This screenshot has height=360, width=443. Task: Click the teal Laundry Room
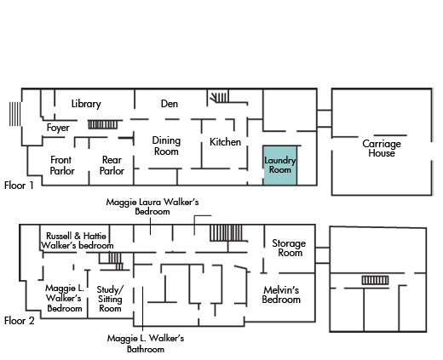coord(280,166)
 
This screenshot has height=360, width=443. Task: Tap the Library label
coord(86,104)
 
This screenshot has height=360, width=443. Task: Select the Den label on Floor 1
coord(170,104)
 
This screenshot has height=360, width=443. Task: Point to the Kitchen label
coord(225,142)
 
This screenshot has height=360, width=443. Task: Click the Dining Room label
coord(166,146)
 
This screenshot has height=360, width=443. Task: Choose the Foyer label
coord(58,128)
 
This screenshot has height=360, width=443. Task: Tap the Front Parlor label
coord(62,165)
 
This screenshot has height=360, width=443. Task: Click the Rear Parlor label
coord(112,165)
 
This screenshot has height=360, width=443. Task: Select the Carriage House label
coord(382,148)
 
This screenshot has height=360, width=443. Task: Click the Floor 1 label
coord(19,186)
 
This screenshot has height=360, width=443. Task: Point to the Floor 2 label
coord(20,321)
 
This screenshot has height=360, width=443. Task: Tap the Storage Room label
coord(289,248)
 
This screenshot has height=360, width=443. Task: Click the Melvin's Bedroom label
coord(281,294)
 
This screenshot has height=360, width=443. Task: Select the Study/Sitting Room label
coord(110,299)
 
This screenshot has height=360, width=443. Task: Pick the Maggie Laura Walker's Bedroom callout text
coord(152,207)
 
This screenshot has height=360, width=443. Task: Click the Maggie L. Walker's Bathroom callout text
coord(146,343)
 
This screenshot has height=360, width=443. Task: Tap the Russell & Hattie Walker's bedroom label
coord(78,241)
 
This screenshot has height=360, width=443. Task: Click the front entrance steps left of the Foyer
coord(15,114)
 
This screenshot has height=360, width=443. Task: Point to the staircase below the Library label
coord(102,124)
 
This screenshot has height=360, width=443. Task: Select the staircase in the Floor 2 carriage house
coord(375,280)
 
